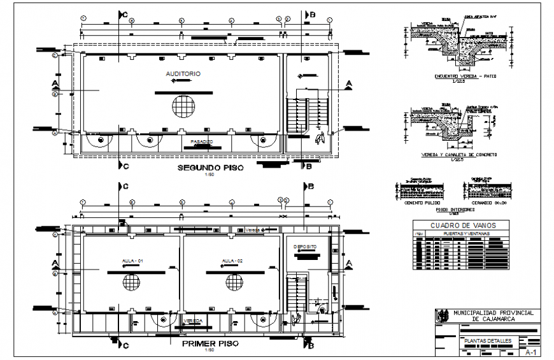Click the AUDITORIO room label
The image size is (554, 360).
tap(183, 75)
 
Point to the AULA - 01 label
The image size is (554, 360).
tap(132, 261)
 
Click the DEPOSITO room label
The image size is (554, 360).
tap(305, 247)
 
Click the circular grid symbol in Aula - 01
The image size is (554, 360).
tap(132, 282)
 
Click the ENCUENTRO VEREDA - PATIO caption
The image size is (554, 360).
tap(465, 76)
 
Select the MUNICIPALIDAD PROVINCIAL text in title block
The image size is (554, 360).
tap(494, 312)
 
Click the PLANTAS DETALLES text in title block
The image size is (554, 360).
tap(487, 341)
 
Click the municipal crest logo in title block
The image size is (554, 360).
tap(441, 315)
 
